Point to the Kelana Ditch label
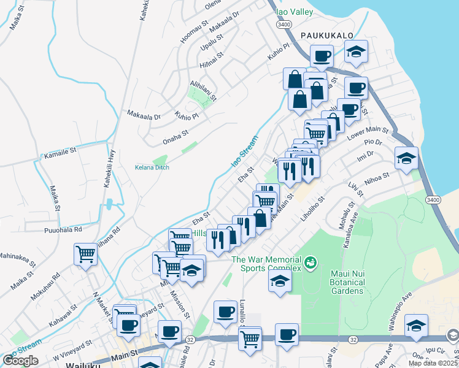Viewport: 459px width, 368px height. coord(152,167)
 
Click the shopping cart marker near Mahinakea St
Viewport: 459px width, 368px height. coord(85,254)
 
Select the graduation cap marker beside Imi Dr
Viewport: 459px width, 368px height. coord(406,159)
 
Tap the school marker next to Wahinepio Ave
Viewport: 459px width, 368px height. coord(416,326)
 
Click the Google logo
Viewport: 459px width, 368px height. coord(20,361)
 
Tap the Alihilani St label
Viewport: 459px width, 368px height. coord(203,89)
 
